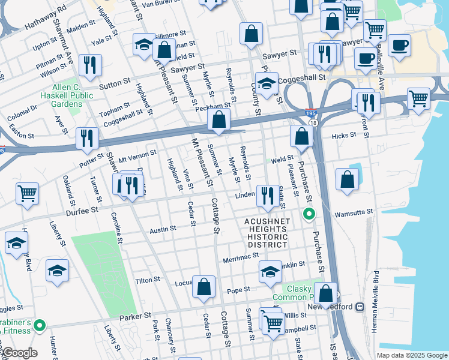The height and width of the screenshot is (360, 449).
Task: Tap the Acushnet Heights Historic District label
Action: pyautogui.click(x=267, y=233)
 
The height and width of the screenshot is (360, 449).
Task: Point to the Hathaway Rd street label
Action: pyautogui.click(x=46, y=20)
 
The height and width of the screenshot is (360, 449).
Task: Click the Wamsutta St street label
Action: pyautogui.click(x=354, y=212)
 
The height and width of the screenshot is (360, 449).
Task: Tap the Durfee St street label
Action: pyautogui.click(x=82, y=211)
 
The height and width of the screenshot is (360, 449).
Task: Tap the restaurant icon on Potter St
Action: pyautogui.click(x=88, y=139)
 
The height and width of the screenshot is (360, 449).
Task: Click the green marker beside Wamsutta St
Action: pyautogui.click(x=309, y=214)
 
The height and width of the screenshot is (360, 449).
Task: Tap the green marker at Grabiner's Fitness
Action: pyautogui.click(x=40, y=326)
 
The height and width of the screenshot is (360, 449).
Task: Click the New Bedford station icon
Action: pyautogui.click(x=360, y=307)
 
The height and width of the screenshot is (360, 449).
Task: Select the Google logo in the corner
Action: pyautogui.click(x=19, y=353)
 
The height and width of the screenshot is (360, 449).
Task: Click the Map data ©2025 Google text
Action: pyautogui.click(x=411, y=355)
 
